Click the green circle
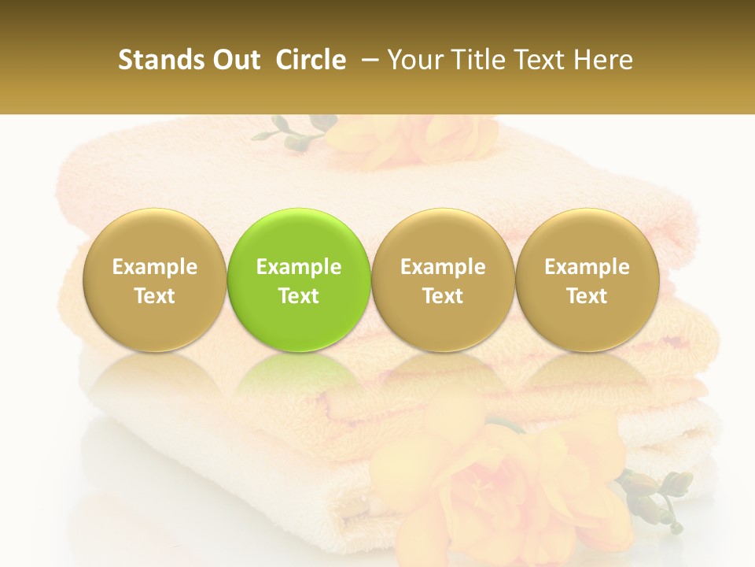point(299,280)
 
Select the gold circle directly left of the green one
point(154,280)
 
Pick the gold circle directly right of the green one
point(443,280)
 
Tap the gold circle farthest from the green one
point(587,280)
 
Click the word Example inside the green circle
point(299,267)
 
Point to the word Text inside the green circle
point(299,296)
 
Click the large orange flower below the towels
point(503,480)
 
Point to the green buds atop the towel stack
point(295,134)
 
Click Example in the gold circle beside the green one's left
point(154,267)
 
